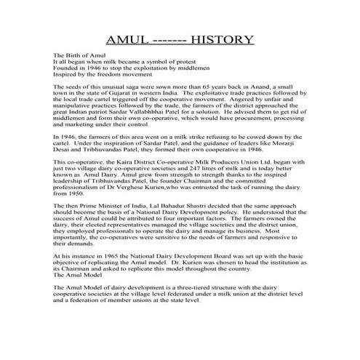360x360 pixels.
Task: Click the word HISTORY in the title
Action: click(219, 38)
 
